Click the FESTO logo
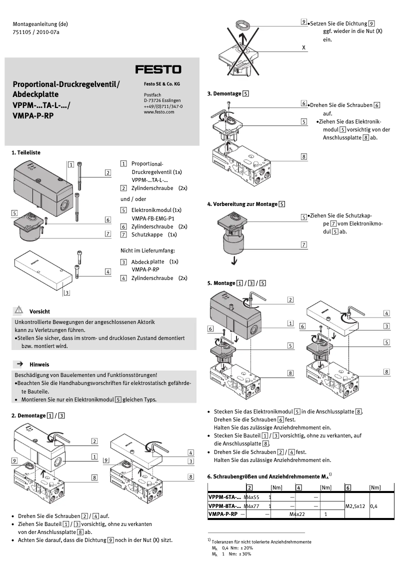[x=158, y=69]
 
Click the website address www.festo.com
[x=158, y=112]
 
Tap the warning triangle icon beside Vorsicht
[x=19, y=311]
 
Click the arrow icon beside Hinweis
[x=19, y=364]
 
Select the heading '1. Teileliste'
[x=26, y=152]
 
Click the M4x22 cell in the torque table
[x=298, y=514]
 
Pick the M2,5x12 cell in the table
[x=356, y=505]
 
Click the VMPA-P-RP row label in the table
[x=222, y=514]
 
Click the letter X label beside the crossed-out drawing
[x=303, y=48]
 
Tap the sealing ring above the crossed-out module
[x=243, y=23]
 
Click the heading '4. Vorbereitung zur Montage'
[x=242, y=204]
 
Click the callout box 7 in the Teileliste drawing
[x=108, y=233]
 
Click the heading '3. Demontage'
[x=224, y=93]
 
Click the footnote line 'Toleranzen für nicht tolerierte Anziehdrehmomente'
[x=261, y=541]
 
